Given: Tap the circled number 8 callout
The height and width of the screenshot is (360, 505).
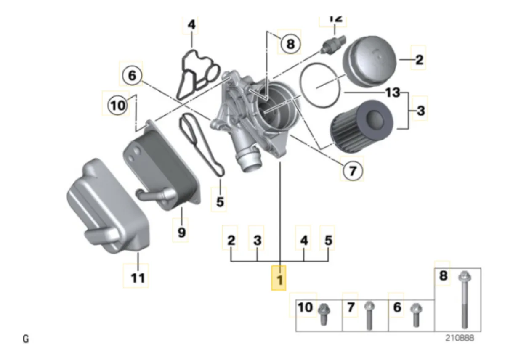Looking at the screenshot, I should [290, 43].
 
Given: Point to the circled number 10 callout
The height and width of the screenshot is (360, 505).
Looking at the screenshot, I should [118, 105].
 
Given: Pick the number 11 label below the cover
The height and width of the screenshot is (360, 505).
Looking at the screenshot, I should [138, 277].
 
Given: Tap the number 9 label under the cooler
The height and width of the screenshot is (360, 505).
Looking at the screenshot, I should [182, 232].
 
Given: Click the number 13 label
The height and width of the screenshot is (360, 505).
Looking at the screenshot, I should [392, 92].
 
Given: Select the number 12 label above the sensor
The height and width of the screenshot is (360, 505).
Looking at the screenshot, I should [335, 19].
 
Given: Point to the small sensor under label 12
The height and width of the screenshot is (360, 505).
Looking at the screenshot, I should [332, 43].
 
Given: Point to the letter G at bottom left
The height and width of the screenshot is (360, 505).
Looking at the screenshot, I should [26, 338].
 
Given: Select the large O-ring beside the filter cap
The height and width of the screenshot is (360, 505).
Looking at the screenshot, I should [321, 85].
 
